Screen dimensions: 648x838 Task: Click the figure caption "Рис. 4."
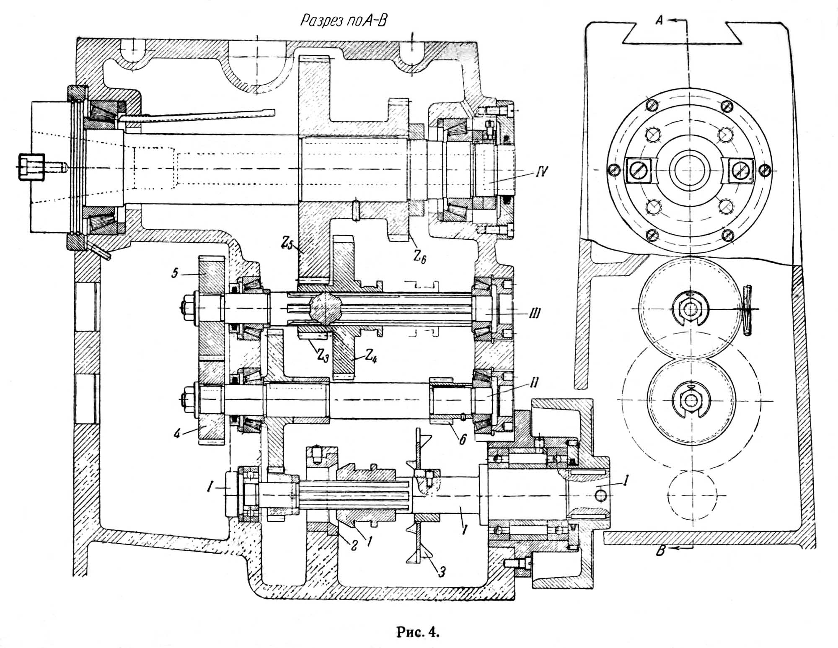point(418,632)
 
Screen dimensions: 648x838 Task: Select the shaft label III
point(533,313)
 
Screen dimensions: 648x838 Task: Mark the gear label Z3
point(322,356)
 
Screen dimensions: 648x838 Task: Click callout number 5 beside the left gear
point(175,273)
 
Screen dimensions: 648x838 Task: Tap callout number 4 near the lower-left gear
point(177,433)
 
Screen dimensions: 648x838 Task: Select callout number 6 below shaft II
point(462,439)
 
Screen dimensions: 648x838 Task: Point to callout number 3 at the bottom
point(441,570)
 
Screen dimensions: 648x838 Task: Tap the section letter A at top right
point(659,20)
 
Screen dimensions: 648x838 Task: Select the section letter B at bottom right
point(661,550)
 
